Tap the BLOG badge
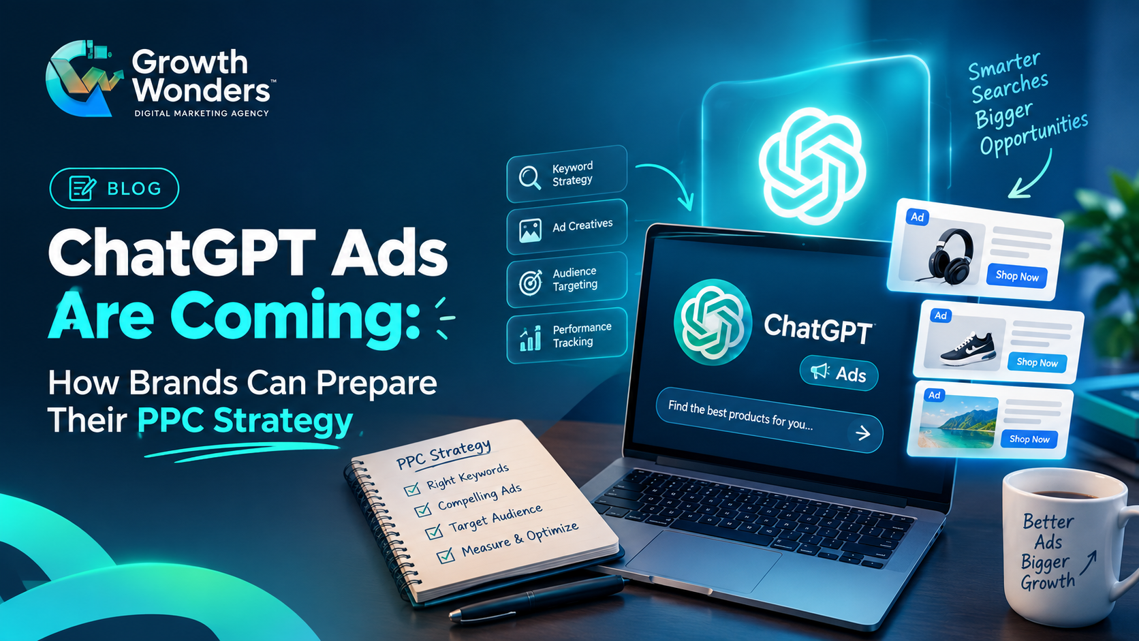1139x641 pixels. pos(114,189)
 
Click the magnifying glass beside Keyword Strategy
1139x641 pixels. pos(529,177)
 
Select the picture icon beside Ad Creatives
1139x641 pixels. pos(530,230)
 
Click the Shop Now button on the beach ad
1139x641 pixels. pos(1029,439)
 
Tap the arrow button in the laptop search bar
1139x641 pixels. pos(863,433)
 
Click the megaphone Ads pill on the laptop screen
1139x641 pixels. pos(839,373)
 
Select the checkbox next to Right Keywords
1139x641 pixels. pos(412,489)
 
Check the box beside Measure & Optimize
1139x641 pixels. pos(446,555)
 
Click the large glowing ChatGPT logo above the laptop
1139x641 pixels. pos(812,166)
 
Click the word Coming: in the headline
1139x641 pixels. pos(294,317)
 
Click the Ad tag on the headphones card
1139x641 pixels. pos(918,217)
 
